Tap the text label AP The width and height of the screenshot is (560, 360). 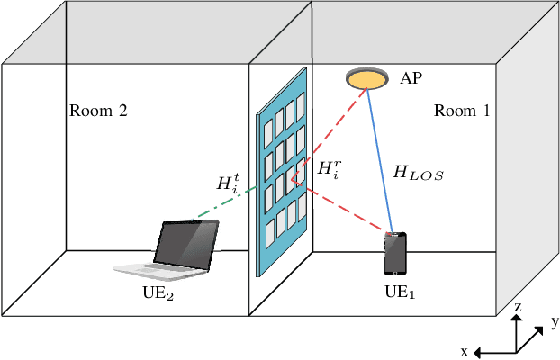pos(411,79)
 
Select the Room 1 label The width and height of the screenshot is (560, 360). pos(462,112)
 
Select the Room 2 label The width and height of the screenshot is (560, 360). pos(98,112)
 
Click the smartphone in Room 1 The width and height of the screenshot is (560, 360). pos(395,254)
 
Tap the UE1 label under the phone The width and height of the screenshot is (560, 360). pos(402,292)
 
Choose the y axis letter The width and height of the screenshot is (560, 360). pos(555,320)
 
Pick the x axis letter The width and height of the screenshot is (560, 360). pos(465,352)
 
